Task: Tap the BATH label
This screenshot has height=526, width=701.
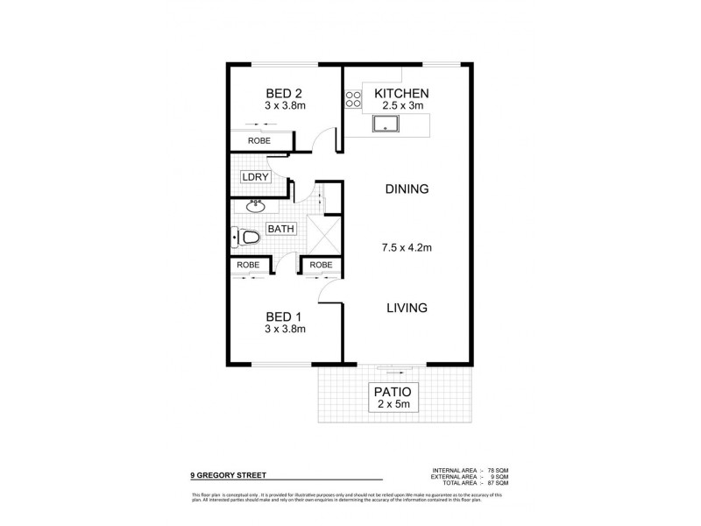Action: coord(280,229)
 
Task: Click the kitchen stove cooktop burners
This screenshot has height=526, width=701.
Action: coord(353,100)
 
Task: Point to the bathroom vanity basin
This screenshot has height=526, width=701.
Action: coord(256,207)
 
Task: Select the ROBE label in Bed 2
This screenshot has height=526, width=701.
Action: coord(258,140)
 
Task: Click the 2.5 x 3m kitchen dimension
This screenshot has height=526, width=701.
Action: coord(402,106)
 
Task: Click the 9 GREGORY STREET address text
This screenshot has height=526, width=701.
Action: coord(229,477)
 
